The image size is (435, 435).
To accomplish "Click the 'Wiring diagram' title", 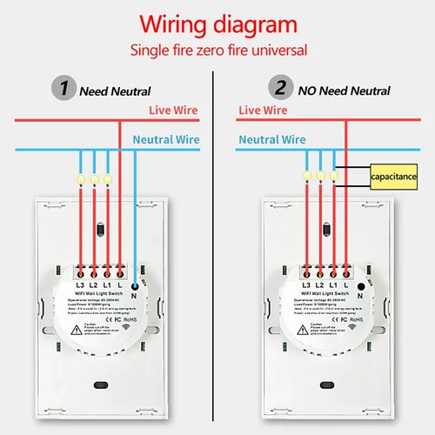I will pos(217,23).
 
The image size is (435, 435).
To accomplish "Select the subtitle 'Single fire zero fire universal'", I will pos(217,50).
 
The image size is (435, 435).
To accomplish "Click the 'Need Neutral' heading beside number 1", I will pos(115,90).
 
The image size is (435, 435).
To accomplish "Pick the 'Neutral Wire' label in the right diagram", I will pos(271,139).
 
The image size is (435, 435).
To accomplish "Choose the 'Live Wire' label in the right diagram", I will pos(263,110).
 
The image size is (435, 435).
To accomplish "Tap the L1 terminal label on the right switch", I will pos(336,285).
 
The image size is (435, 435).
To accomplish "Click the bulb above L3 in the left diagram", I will pos(81,177).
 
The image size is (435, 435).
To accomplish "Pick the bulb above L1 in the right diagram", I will pos(335,177).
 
